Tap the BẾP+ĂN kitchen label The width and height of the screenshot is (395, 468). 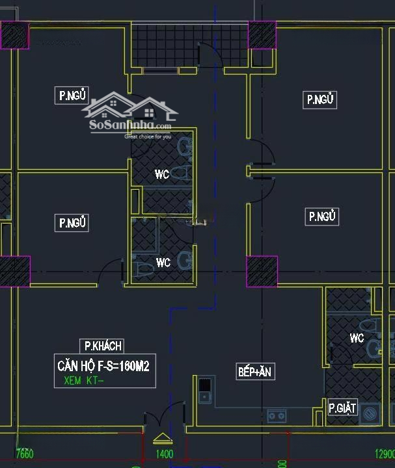click(255, 372)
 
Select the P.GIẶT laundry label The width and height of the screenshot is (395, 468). click(342, 408)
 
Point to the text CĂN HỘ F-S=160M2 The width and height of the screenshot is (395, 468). click(103, 366)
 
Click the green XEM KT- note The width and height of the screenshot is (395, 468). click(84, 381)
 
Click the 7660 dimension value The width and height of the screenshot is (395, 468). click(23, 454)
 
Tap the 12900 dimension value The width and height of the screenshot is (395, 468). click(384, 454)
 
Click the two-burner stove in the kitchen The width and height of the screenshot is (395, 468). click(277, 415)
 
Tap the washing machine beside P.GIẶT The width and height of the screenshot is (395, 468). click(370, 412)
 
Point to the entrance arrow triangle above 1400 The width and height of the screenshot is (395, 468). click(161, 437)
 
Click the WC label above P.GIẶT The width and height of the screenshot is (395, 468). click(357, 338)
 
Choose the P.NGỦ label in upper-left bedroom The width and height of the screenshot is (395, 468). click(74, 96)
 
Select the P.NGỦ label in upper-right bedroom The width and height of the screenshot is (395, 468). click(321, 99)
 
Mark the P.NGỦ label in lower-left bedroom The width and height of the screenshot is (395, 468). click(74, 223)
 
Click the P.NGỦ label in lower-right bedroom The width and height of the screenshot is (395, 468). click(322, 216)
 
